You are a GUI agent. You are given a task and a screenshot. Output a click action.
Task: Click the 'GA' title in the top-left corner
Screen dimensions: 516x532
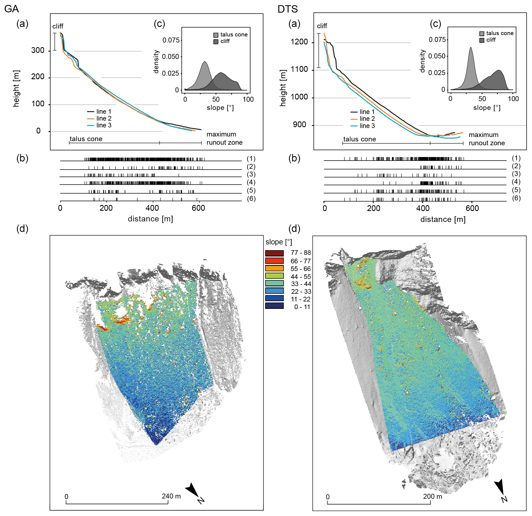pyautogui.click(x=11, y=9)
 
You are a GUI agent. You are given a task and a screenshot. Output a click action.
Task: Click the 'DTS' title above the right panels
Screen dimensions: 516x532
pyautogui.click(x=287, y=9)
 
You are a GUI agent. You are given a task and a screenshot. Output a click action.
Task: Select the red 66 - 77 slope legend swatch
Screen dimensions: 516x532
pyautogui.click(x=274, y=261)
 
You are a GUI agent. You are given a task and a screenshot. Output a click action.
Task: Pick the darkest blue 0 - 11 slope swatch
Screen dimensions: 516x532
pyautogui.click(x=274, y=306)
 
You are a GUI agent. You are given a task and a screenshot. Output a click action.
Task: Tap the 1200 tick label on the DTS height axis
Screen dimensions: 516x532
pyautogui.click(x=299, y=42)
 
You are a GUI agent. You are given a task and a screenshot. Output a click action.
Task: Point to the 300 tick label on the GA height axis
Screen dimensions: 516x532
pyautogui.click(x=38, y=50)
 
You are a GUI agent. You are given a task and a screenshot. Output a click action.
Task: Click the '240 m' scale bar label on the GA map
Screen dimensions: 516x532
pyautogui.click(x=171, y=496)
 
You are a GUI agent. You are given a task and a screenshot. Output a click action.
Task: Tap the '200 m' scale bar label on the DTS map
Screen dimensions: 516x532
pyautogui.click(x=432, y=496)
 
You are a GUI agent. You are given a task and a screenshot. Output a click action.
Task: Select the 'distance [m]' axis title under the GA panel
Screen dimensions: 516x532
pyautogui.click(x=150, y=219)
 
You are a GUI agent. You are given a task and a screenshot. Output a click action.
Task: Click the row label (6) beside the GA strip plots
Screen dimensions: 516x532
pyautogui.click(x=251, y=198)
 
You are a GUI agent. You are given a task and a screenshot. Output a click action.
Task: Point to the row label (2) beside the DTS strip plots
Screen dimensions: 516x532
pyautogui.click(x=516, y=166)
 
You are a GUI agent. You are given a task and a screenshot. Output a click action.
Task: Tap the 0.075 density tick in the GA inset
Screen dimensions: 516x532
pyautogui.click(x=171, y=40)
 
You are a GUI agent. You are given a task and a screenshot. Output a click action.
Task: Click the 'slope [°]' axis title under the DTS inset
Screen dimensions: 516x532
pyautogui.click(x=487, y=108)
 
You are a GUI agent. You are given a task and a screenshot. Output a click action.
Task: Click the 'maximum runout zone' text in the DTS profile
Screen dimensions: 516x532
pyautogui.click(x=487, y=139)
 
